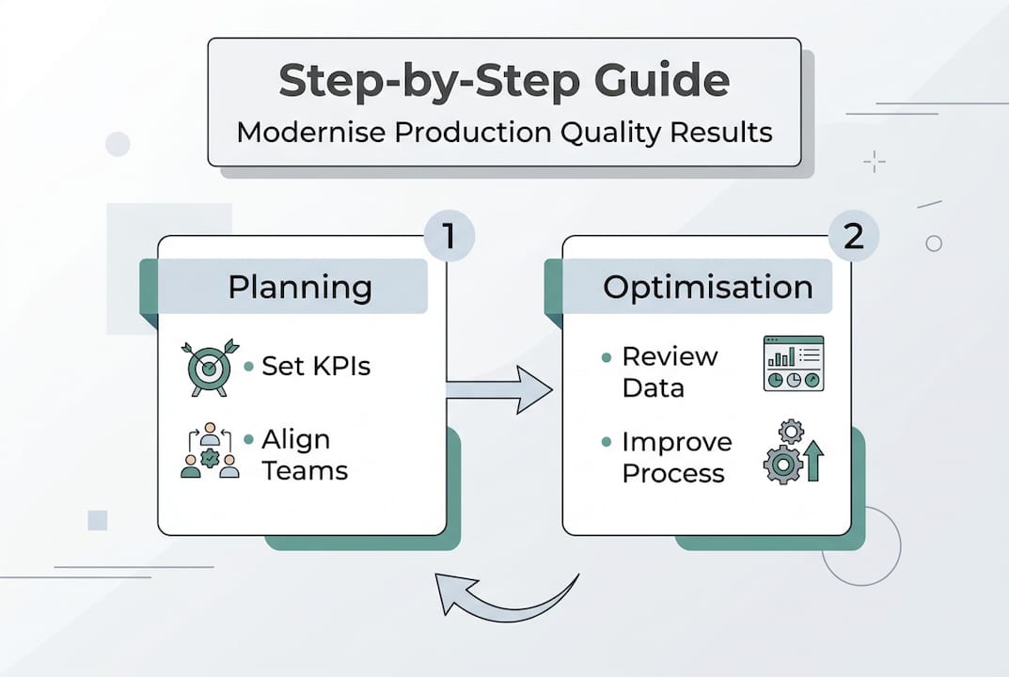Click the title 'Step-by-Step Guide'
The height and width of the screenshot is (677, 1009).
pos(504,82)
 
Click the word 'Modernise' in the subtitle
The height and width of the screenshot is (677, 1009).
pos(311,133)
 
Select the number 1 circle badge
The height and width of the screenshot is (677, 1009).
pos(449,235)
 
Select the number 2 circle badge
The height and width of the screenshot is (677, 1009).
pos(853,235)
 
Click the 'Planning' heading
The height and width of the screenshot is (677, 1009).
pos(299,287)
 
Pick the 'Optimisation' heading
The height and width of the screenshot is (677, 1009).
pos(707,287)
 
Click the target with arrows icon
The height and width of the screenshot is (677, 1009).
pos(208,367)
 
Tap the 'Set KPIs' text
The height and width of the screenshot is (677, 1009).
pos(316,366)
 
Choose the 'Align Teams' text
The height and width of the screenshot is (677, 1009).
pos(304,455)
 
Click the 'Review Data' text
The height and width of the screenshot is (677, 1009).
pos(669,371)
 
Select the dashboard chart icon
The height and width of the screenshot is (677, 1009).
pos(793,363)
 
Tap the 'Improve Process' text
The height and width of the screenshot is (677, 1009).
pos(676,457)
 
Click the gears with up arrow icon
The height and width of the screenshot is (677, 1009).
pos(793,452)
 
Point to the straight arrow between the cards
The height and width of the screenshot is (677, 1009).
pos(498,389)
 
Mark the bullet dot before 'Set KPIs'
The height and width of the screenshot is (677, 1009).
pos(248,367)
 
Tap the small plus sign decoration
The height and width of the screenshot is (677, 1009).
pos(875,162)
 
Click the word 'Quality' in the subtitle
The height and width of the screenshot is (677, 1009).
pos(610,133)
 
